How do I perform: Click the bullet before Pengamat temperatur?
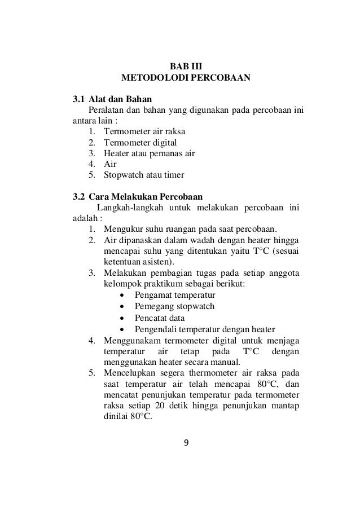(x=123, y=295)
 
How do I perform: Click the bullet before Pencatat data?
(x=123, y=318)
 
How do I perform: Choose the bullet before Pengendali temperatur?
(x=123, y=329)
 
